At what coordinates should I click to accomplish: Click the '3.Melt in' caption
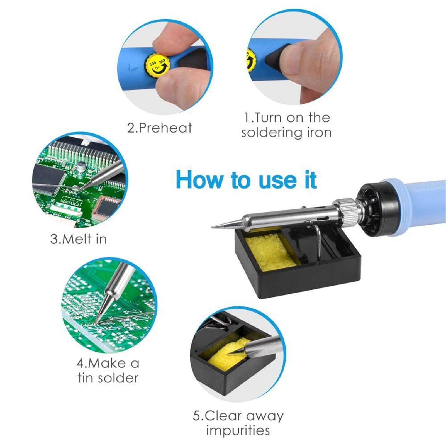pos(79,239)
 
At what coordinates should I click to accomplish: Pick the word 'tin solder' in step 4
pos(108,378)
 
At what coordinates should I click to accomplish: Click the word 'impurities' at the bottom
pos(238,431)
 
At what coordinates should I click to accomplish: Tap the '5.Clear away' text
pos(238,416)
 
